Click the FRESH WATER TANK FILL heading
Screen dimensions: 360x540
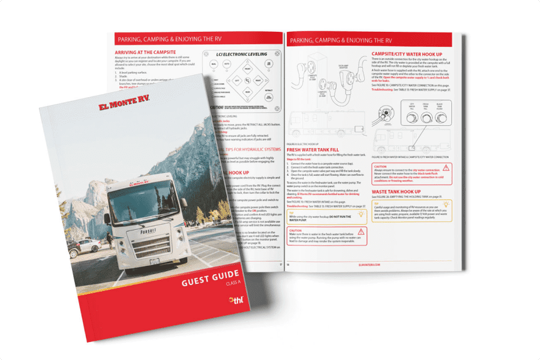tap(313, 149)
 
